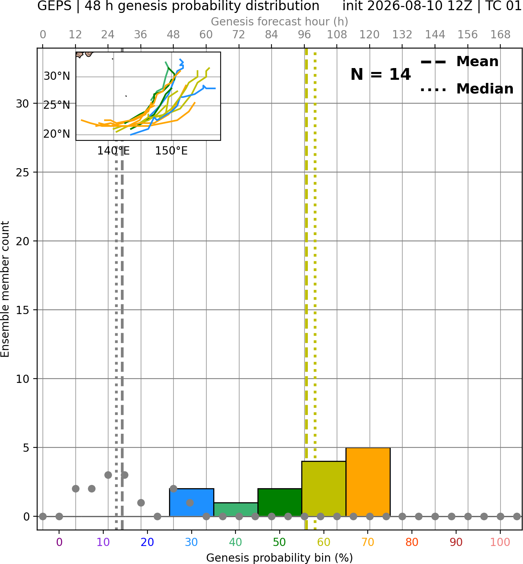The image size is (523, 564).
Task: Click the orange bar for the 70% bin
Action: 368,482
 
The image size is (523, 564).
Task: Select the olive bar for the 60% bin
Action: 324,489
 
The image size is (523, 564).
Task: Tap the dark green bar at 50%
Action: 280,502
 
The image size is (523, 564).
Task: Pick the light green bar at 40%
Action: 236,510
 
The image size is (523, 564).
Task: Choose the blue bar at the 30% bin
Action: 191,502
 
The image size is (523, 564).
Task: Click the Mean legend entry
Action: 459,62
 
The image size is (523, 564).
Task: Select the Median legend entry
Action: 467,89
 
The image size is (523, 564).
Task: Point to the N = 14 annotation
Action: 381,74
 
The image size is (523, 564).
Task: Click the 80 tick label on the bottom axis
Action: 412,542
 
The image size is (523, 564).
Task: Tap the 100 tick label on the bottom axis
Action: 500,542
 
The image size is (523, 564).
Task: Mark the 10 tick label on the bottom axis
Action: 103,542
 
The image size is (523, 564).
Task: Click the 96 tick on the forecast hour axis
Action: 304,35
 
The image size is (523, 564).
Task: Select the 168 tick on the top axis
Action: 501,35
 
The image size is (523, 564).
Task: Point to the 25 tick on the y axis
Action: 23,172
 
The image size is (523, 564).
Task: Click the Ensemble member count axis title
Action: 5,289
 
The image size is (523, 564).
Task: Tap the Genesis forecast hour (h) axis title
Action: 280,22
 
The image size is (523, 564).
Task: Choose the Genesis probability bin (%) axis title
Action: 280,558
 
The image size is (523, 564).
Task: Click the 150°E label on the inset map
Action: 171,151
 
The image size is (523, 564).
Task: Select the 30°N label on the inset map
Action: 57,76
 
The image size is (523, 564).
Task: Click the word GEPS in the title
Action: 54,6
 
